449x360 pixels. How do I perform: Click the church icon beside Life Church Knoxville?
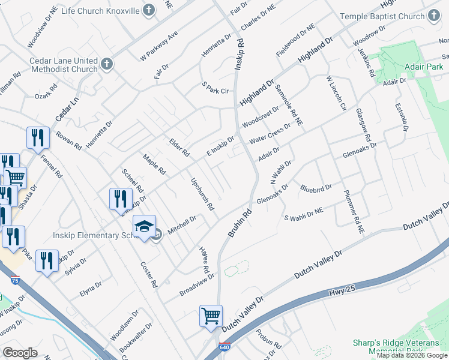[x=149, y=11]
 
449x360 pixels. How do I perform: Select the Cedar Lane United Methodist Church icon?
[x=107, y=64]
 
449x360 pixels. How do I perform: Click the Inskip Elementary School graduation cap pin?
[x=144, y=226]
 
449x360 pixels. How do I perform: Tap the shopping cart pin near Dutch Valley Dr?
[x=211, y=316]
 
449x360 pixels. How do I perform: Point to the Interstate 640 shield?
[x=223, y=347]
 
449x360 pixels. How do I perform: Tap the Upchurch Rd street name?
[x=202, y=194]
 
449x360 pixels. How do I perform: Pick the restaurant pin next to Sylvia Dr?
[x=46, y=261]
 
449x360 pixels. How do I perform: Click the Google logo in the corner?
[x=20, y=353]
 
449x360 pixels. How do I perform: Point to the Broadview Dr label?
[x=197, y=286]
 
